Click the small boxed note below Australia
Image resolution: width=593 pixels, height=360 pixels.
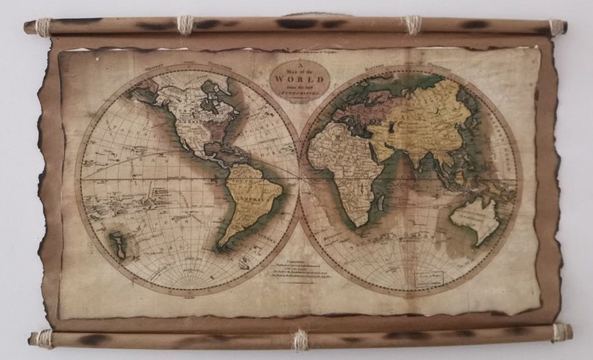(x=429, y=278)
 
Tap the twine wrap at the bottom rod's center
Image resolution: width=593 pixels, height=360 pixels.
(x=300, y=341)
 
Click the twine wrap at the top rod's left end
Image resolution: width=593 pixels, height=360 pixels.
(x=43, y=27)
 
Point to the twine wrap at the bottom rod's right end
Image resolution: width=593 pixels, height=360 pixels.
(x=559, y=332)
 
